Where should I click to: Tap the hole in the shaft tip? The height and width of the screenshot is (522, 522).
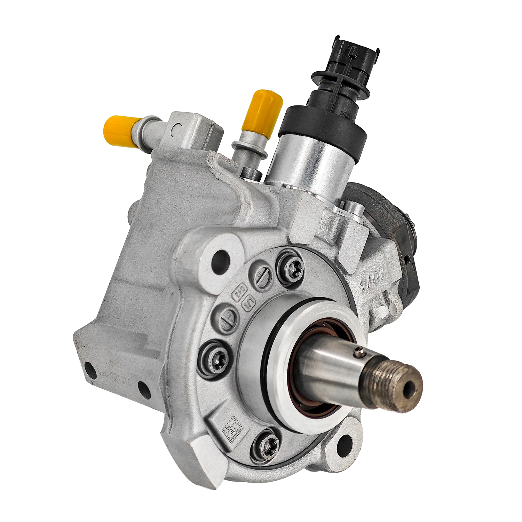click(x=410, y=389)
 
